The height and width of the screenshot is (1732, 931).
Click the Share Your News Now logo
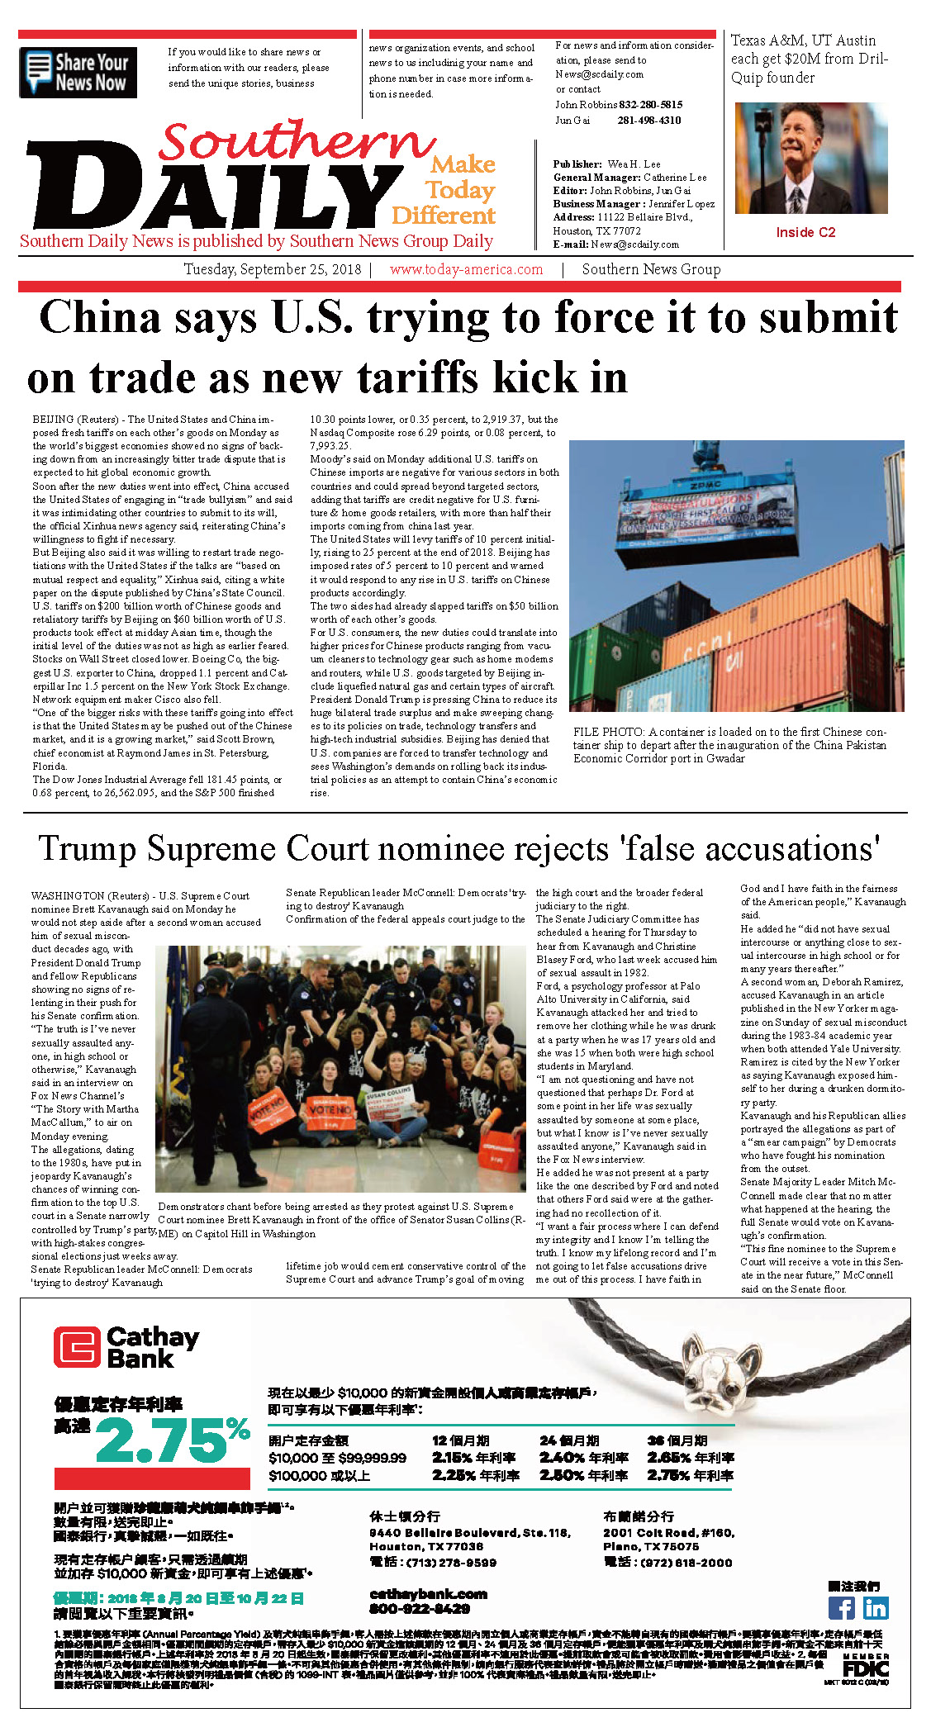coord(78,73)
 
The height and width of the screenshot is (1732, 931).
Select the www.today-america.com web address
coord(466,269)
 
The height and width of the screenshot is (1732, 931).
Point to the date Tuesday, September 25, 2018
coord(272,269)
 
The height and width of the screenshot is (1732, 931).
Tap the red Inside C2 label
coord(805,233)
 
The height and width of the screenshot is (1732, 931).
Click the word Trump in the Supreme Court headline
coord(87,850)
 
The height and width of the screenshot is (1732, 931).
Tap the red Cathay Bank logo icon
coord(77,1347)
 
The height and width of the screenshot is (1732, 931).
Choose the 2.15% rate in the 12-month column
coord(453,1457)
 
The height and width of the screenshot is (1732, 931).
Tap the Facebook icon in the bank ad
coord(841,1607)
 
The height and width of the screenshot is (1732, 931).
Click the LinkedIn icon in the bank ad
coord(875,1607)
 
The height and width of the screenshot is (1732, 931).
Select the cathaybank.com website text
coord(428,1593)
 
